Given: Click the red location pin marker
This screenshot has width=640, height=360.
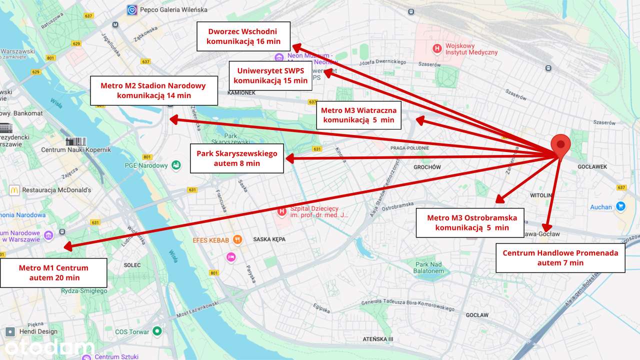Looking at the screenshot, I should click(560, 145).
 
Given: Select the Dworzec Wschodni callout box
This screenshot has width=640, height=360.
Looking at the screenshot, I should click(243, 36).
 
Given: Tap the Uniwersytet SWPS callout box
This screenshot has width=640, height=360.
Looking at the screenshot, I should click(270, 75).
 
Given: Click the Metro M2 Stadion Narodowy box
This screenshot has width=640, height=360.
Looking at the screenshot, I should click(154, 90).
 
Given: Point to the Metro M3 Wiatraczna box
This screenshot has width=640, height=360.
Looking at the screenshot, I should click(358, 115).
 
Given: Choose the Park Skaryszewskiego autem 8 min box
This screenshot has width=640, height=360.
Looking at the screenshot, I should click(237, 158).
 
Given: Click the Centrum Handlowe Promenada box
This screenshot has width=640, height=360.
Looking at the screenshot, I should click(560, 257).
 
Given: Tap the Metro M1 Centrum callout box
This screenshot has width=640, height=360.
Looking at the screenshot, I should click(54, 272).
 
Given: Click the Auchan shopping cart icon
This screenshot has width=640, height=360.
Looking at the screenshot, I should click(620, 206).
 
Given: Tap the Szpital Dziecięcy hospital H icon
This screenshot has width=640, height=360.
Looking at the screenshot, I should click(282, 212).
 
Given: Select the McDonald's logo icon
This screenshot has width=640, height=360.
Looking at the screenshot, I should click(14, 190).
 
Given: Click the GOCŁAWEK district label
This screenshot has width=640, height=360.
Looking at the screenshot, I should click(592, 167).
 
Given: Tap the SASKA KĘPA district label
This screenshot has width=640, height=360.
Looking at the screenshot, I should click(269, 239).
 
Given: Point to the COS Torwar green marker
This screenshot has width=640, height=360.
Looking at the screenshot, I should click(157, 331).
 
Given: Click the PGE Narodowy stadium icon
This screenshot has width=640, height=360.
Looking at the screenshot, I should click(176, 165).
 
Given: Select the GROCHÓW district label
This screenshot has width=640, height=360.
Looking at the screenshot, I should click(427, 167).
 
